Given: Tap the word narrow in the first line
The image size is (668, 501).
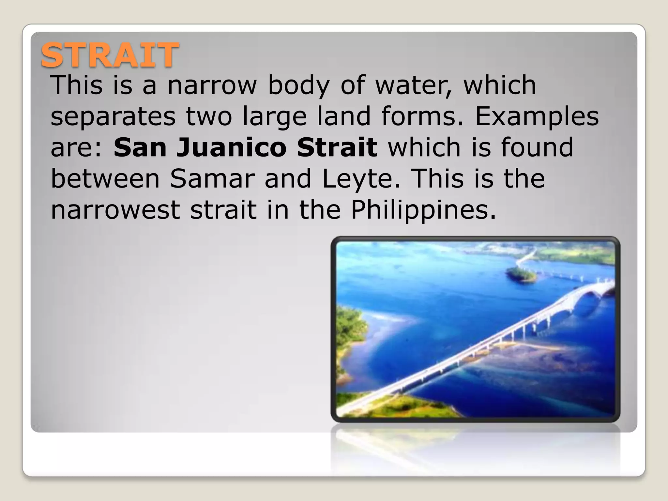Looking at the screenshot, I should [212, 85].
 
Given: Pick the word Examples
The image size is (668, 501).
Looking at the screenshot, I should [537, 117].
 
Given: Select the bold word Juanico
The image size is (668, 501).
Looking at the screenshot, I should [232, 147].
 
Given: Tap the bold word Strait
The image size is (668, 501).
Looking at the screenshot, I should [337, 147].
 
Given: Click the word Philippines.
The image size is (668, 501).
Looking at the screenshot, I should [423, 211].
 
